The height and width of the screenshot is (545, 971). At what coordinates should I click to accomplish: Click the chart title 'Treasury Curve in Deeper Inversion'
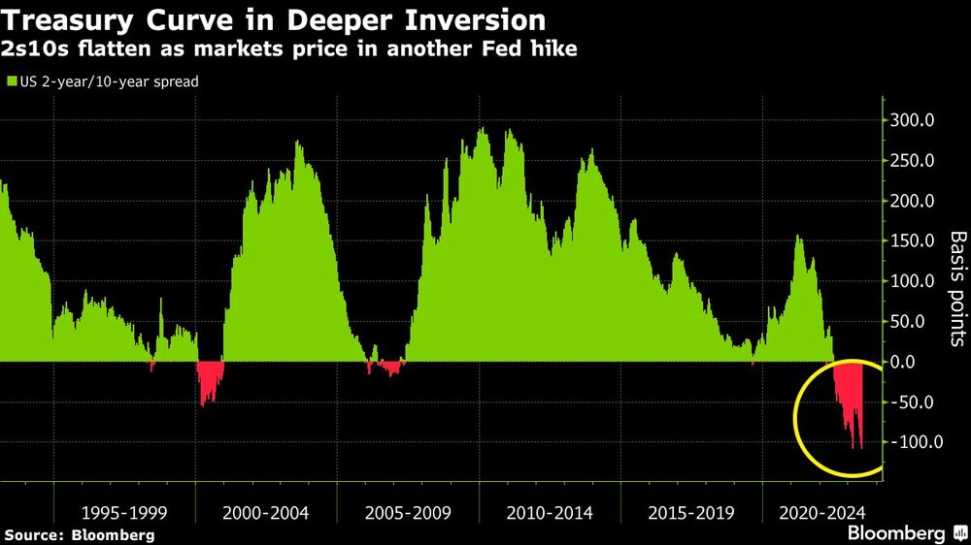(274, 19)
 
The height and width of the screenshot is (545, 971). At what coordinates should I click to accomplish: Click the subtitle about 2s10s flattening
(291, 48)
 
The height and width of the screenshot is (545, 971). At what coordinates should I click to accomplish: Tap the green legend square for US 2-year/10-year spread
(12, 82)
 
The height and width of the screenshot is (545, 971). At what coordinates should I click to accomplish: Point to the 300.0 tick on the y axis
(914, 121)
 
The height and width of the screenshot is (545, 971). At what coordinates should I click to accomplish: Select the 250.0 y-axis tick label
(914, 161)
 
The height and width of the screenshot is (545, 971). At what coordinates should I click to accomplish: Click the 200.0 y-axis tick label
(914, 202)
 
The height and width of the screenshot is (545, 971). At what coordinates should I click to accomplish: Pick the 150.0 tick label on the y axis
(914, 241)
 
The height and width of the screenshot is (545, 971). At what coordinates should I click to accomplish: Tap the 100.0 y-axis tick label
(914, 281)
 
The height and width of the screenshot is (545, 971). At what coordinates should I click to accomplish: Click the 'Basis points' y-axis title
(957, 288)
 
